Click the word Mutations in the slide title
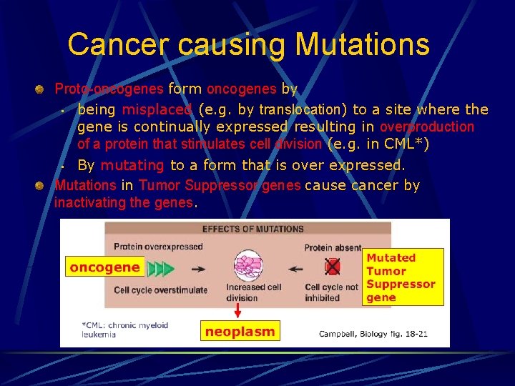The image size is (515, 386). click(362, 44)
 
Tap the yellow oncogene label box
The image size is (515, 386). click(104, 267)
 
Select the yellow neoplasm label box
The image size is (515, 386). click(239, 331)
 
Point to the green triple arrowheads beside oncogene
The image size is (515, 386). click(160, 269)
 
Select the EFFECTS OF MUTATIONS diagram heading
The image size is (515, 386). click(252, 229)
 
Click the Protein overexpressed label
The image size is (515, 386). click(158, 247)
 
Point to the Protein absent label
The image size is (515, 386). click(333, 248)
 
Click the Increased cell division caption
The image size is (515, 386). click(253, 292)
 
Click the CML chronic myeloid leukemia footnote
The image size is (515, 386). click(124, 330)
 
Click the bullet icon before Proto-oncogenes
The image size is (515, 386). click(41, 89)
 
